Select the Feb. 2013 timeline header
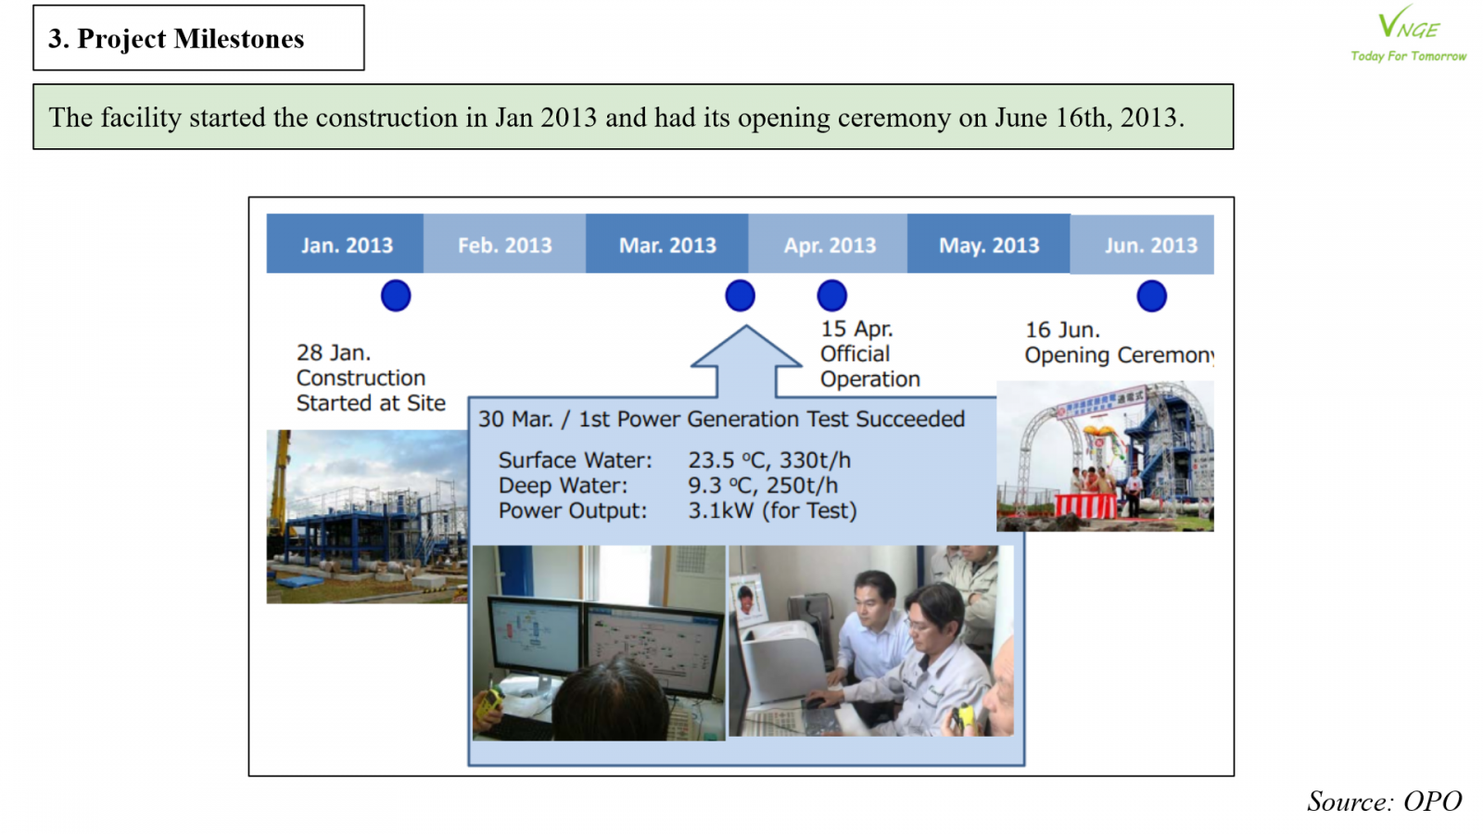(x=504, y=244)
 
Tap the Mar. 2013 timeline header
(x=667, y=244)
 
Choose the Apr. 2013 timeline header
(x=829, y=244)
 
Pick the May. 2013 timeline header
(x=989, y=244)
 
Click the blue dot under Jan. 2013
(x=396, y=296)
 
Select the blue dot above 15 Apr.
(x=831, y=296)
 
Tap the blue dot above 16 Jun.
(x=1152, y=296)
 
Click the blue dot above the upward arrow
(x=741, y=296)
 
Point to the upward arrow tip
(x=746, y=325)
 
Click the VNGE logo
(x=1408, y=33)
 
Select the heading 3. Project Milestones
(x=176, y=38)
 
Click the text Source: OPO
(x=1385, y=801)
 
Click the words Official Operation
(x=870, y=366)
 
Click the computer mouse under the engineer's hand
(x=816, y=702)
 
